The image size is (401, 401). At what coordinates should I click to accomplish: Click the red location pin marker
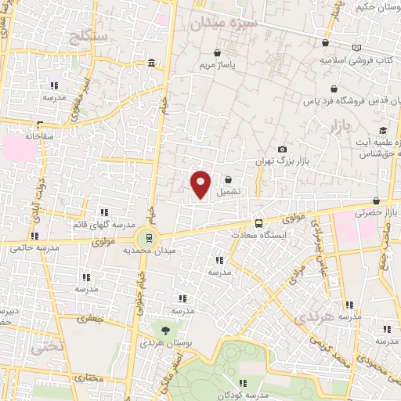click(x=201, y=183)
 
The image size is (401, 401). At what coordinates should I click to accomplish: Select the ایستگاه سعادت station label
click(x=261, y=234)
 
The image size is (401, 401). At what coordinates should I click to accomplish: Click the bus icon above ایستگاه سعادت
click(x=259, y=223)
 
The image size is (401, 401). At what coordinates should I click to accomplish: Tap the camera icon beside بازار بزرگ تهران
click(x=282, y=150)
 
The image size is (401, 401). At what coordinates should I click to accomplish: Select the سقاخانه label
click(x=37, y=135)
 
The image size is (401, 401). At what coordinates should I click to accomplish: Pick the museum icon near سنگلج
click(x=151, y=63)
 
